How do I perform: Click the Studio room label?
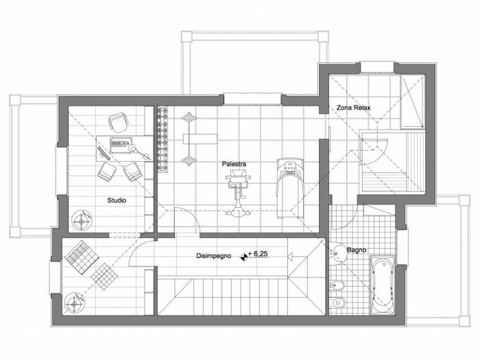[117, 200]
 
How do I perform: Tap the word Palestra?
[235, 164]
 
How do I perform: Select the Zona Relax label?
[354, 108]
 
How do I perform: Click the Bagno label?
[357, 250]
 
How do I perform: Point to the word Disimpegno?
[214, 256]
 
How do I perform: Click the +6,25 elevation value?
[258, 254]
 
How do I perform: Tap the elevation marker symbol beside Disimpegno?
[244, 257]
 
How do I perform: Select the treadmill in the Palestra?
[290, 189]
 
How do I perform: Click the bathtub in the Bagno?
[383, 285]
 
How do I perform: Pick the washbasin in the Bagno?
[337, 253]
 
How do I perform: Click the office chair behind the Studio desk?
[118, 121]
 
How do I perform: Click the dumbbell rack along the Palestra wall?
[163, 140]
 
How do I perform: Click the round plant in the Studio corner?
[82, 219]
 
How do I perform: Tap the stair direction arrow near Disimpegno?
[290, 256]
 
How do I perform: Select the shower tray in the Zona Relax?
[412, 102]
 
